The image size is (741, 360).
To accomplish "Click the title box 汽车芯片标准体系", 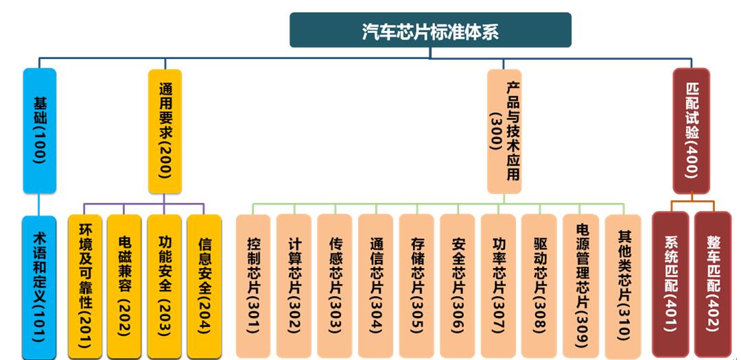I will click(430, 30).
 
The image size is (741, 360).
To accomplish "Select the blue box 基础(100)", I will click(39, 130).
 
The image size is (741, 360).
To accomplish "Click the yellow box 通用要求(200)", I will click(165, 130).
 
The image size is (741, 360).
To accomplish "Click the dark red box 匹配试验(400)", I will click(691, 130).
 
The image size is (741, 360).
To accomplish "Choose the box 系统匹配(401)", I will click(670, 285).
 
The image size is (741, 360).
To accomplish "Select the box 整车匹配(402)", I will click(713, 285).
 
